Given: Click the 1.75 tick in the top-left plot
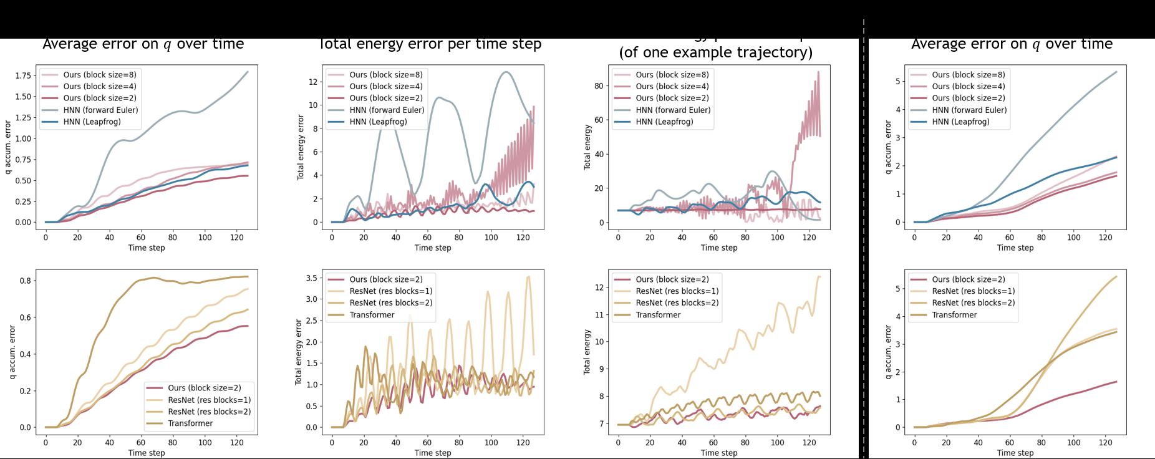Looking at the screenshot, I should (x=23, y=75).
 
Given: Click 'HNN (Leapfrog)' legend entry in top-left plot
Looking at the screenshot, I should (x=92, y=122).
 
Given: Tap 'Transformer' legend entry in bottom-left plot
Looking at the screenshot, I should (x=190, y=423).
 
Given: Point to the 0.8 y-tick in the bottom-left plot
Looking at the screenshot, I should (x=25, y=281).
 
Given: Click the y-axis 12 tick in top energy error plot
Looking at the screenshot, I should (x=313, y=82).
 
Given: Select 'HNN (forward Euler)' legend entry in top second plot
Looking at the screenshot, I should (x=386, y=110).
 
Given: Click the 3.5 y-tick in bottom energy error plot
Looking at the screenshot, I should (x=311, y=278).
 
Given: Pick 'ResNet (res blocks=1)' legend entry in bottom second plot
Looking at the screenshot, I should (x=390, y=291).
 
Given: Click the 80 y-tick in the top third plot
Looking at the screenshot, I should (x=599, y=86).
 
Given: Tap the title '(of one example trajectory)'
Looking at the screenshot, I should (x=715, y=52).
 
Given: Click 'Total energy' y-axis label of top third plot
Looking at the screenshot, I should (x=587, y=147).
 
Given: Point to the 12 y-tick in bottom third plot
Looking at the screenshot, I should (x=599, y=287).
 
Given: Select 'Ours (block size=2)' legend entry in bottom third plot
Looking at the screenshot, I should (x=672, y=279).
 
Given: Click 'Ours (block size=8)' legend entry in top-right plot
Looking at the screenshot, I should (x=968, y=74).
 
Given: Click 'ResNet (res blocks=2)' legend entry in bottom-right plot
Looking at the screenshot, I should (x=973, y=303).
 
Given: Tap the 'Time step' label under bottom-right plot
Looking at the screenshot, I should (x=1015, y=453).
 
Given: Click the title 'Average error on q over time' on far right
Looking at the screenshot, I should (x=1012, y=44).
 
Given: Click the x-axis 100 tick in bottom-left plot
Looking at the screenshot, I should (x=205, y=442).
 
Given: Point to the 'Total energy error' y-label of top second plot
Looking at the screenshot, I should (x=301, y=147).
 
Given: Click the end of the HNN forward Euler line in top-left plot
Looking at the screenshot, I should (x=248, y=72).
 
